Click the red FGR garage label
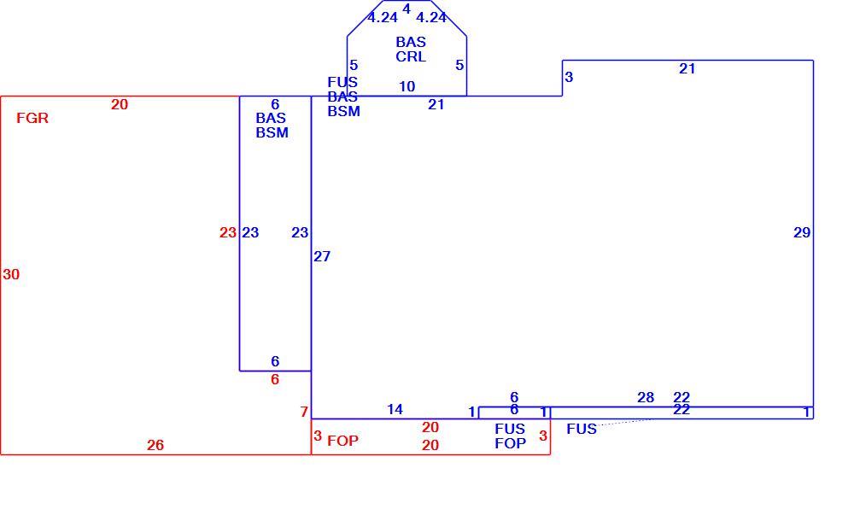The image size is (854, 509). pos(32,118)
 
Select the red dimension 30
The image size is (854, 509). pos(11,274)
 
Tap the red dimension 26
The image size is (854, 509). pos(155,445)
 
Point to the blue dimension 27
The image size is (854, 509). pos(322,256)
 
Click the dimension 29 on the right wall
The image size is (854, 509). pos(802,233)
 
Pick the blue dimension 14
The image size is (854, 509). pos(395,409)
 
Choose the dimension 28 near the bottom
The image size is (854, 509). pos(646,397)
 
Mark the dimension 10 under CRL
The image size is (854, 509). pos(407,86)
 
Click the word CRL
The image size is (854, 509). pos(411,56)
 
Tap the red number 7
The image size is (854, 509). pos(304,412)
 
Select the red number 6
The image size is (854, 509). pos(275,379)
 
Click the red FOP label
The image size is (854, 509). pos(342,441)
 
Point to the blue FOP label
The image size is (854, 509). pos(511,444)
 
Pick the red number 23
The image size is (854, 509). pos(228,233)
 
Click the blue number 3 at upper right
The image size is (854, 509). pos(569,78)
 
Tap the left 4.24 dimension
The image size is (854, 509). pos(383,18)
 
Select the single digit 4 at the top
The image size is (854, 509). pos(407,9)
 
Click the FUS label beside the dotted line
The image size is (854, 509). pos(581,429)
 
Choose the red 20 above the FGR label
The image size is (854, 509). pos(120,104)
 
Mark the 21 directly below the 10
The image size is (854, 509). pos(436,104)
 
